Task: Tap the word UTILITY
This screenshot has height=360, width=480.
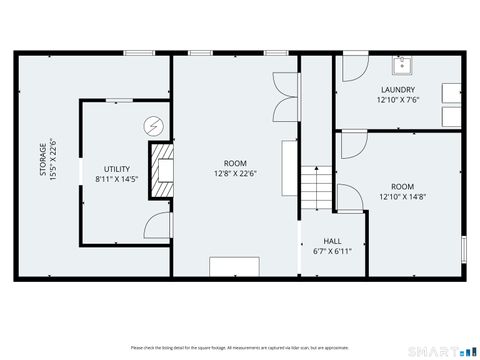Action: click(118, 169)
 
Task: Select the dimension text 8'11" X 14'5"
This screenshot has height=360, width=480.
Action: click(118, 179)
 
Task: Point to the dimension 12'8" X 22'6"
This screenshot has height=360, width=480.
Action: click(235, 171)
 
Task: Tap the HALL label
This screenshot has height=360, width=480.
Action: click(333, 241)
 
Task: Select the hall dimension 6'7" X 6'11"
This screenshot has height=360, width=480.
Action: click(333, 251)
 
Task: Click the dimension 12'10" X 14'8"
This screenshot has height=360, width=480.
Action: click(402, 197)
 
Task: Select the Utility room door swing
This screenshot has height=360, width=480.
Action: click(155, 225)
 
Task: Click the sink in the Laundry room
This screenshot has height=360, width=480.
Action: click(404, 66)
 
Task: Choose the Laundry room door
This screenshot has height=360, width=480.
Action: click(349, 68)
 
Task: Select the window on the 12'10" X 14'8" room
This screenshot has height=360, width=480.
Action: click(464, 249)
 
